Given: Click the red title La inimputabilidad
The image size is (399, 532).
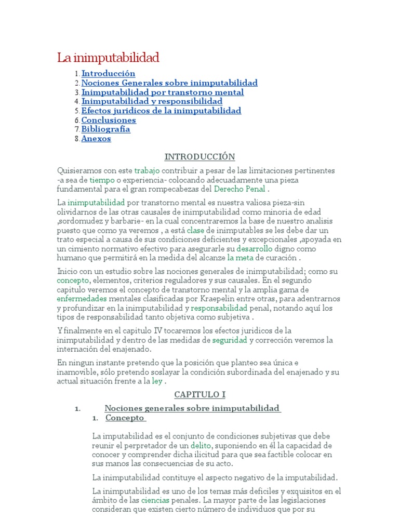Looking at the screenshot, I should (108, 57).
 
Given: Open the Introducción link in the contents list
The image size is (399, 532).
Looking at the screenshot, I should (108, 74).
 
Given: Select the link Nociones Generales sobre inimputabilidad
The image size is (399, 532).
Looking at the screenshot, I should (169, 83).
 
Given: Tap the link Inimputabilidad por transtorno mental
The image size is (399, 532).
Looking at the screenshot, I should (163, 92).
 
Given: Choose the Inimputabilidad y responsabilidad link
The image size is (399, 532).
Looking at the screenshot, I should (152, 101).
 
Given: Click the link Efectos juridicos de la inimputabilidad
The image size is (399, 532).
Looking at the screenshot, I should (161, 111).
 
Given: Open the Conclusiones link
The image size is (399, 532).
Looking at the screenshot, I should (109, 120).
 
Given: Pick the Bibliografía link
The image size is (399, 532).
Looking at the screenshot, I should (105, 129).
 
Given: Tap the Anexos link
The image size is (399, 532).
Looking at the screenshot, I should (96, 139).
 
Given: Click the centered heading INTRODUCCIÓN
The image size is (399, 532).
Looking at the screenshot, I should (199, 156).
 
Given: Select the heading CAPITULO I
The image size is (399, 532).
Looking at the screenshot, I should (199, 395).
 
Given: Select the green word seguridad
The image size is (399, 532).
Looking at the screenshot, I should (230, 340).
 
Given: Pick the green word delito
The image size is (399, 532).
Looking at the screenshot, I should (201, 445).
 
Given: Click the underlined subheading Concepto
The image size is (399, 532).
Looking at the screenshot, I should (125, 418).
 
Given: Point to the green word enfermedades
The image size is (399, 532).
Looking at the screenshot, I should (82, 299).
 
